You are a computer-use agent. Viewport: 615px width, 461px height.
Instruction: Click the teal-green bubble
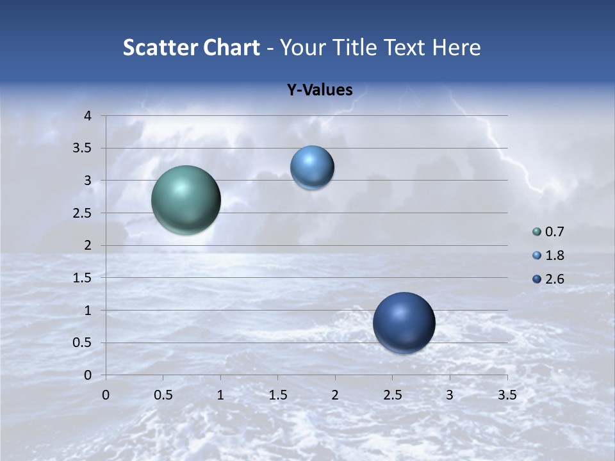(186, 200)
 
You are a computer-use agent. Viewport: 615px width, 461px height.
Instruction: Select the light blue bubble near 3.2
(312, 168)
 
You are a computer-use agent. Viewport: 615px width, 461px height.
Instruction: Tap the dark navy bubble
(404, 323)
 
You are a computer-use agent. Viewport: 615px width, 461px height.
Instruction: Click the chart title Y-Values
(319, 90)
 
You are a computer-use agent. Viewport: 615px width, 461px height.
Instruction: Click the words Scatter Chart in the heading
(191, 47)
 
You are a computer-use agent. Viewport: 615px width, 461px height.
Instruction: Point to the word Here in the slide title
(456, 47)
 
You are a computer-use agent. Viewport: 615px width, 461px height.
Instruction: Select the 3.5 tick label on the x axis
(507, 395)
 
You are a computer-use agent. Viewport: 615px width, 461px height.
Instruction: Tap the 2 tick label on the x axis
(335, 395)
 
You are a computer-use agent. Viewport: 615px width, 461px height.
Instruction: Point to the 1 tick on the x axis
(220, 395)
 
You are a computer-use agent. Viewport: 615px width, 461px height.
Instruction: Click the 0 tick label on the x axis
(106, 395)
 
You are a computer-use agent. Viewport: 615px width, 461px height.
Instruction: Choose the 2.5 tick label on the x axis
(392, 395)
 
